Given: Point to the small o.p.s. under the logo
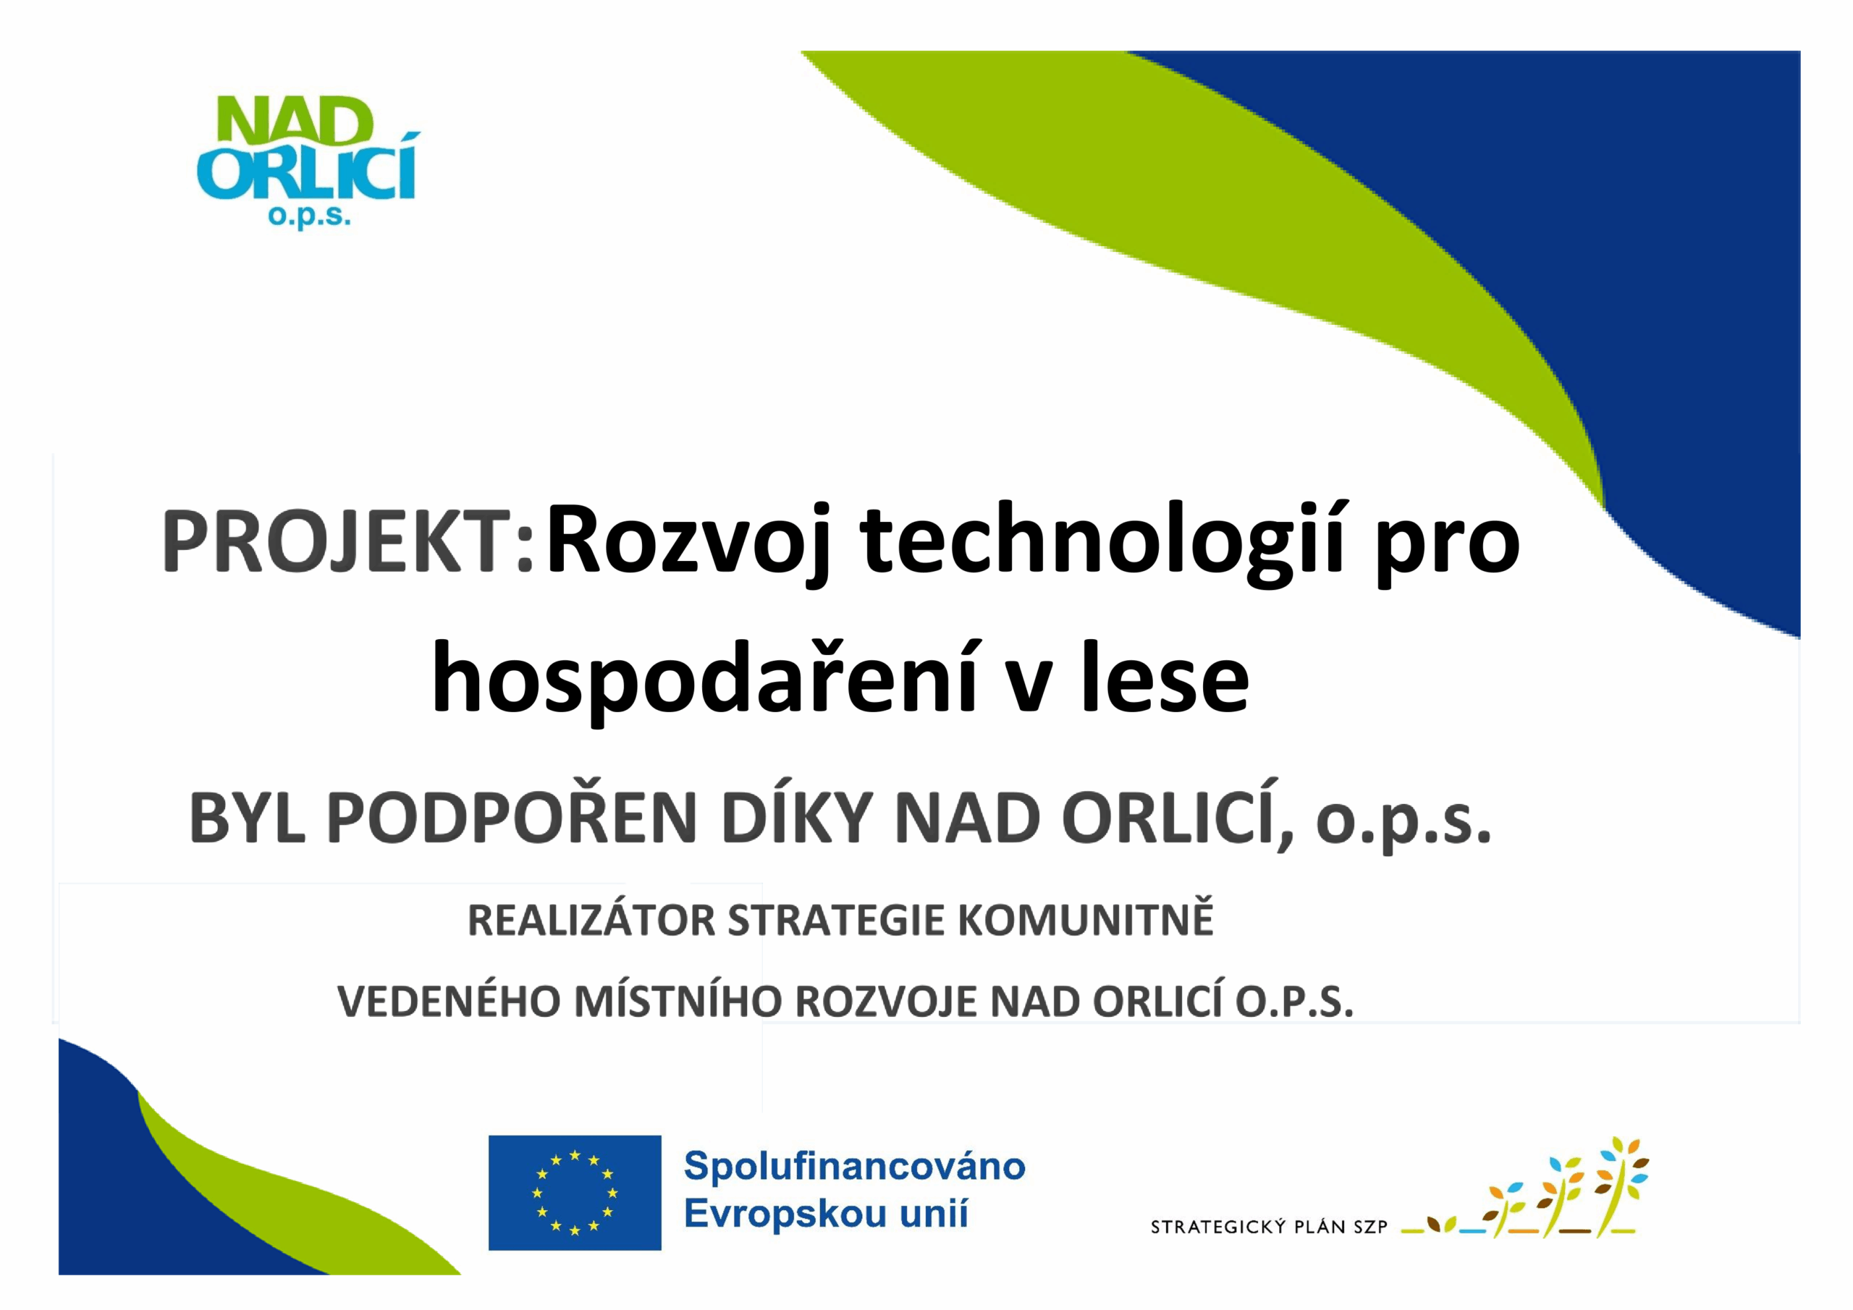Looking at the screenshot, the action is (309, 218).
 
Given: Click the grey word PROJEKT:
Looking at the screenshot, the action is (348, 541).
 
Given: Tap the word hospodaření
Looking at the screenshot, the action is (705, 680).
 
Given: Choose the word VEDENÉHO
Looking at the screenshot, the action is (449, 1002).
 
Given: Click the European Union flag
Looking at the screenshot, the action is (575, 1193).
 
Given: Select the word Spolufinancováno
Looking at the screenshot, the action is (855, 1167).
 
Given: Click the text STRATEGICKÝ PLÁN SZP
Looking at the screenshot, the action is (1269, 1227).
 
